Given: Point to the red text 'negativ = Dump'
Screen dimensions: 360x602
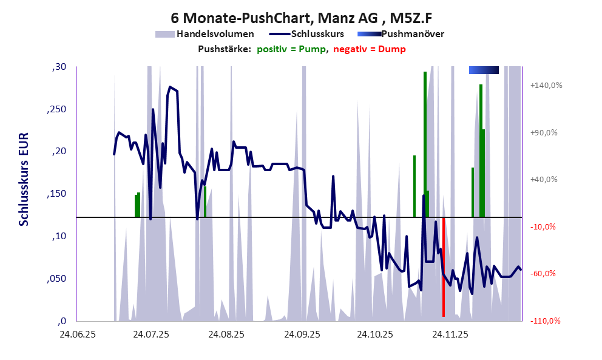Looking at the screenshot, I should click(x=370, y=49).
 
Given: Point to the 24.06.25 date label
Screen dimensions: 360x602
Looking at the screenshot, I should click(x=76, y=334).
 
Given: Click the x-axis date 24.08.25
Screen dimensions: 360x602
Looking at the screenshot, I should click(x=226, y=334).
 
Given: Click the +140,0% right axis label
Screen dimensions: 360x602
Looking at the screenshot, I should click(x=546, y=86).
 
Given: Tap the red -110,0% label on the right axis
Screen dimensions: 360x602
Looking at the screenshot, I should click(x=546, y=321).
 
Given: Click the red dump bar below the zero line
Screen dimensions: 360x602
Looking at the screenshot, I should click(x=444, y=267).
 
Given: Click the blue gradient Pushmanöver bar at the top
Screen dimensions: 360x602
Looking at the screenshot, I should click(x=484, y=70).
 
